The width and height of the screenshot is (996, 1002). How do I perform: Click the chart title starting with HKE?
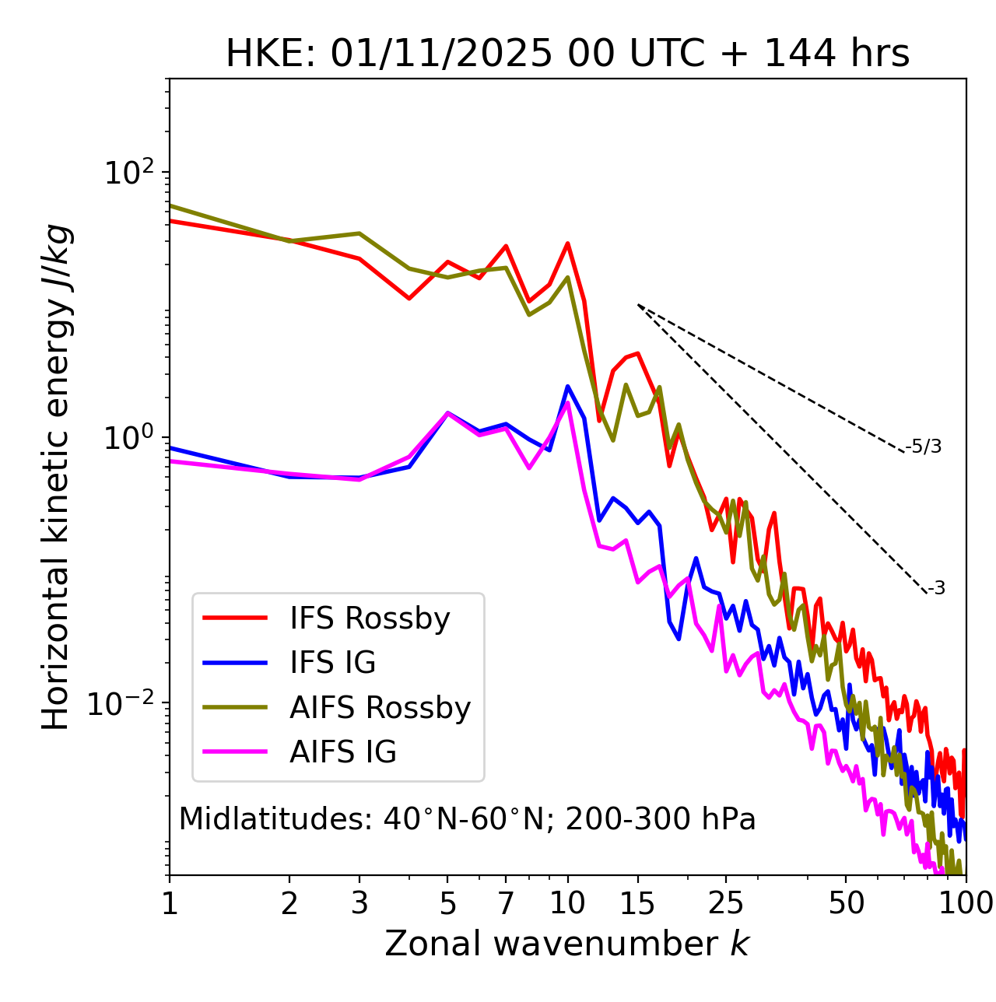[x=567, y=54]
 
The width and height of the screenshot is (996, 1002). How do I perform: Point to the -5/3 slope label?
[x=924, y=447]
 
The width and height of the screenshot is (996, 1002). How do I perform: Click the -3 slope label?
[x=936, y=588]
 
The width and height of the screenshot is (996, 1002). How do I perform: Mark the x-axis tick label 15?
[x=637, y=903]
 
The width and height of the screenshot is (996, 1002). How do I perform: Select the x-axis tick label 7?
[x=506, y=903]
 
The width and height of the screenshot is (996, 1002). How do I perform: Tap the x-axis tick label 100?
[x=965, y=903]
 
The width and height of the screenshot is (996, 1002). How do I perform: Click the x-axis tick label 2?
[x=289, y=903]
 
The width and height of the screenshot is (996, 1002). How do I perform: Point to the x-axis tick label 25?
[x=726, y=903]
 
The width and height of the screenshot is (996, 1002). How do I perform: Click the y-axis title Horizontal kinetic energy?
[x=56, y=477]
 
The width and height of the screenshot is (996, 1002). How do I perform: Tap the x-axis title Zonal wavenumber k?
[x=567, y=944]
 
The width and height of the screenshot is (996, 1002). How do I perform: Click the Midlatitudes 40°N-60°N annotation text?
[x=467, y=819]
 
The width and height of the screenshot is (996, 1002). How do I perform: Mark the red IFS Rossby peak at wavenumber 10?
[x=568, y=243]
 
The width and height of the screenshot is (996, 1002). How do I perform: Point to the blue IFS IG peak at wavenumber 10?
[x=568, y=386]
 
